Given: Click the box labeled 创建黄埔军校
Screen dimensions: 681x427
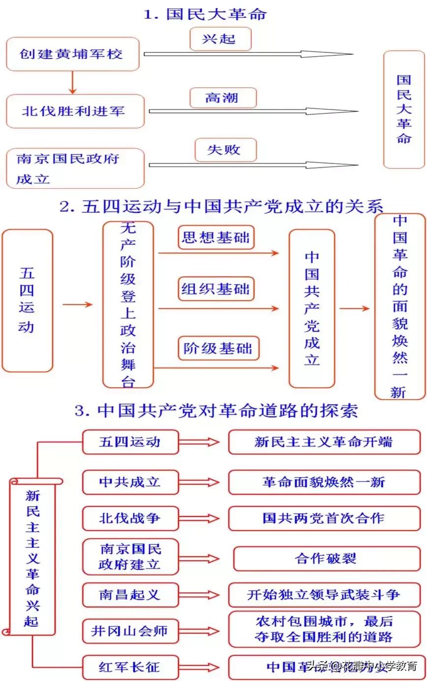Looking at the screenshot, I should coord(72,54).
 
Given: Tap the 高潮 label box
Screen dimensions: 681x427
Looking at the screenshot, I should coord(222,98).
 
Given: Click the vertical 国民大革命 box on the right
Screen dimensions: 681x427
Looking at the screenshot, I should coord(403,109).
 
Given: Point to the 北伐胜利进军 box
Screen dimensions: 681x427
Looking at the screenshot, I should coord(75,111).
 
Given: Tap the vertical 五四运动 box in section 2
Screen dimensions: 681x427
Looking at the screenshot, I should coord(27,300).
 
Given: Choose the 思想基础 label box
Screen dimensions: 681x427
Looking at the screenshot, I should coord(216,238).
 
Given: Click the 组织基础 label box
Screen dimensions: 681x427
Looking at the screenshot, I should coord(216,288).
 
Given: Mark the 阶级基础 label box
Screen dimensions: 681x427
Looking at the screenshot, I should coord(217,348).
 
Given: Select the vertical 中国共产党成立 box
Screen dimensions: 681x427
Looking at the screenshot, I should coord(312,308).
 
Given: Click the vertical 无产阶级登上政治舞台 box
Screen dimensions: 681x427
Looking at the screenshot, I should coord(128,305).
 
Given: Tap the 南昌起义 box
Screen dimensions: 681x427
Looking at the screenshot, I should coord(130,594).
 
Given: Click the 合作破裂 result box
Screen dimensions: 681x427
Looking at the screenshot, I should coord(326,559).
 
